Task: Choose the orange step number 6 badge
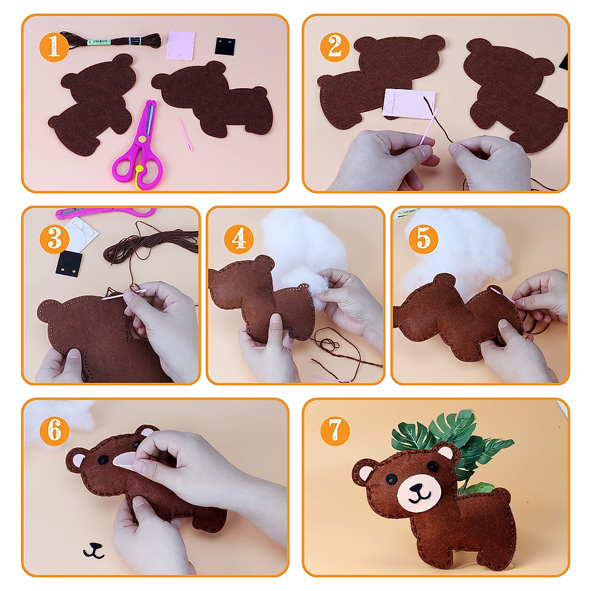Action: point(54,431)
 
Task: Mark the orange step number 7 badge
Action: point(335,431)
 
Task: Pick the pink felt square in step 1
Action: point(181,45)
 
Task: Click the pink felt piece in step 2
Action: point(409,103)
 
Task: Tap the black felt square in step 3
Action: point(68,263)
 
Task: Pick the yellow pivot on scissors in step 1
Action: point(141,140)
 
